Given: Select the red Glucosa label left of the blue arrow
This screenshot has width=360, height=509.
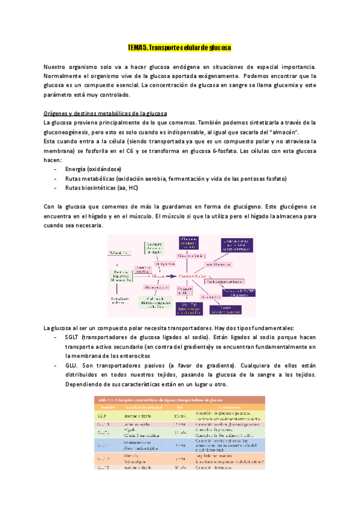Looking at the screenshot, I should [x=158, y=276].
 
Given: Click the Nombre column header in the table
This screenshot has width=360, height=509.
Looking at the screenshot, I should [x=103, y=406].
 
